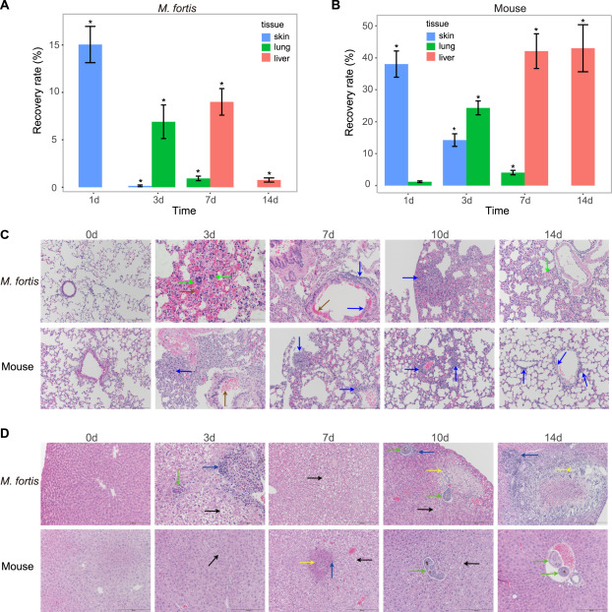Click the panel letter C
[x=7, y=235]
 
